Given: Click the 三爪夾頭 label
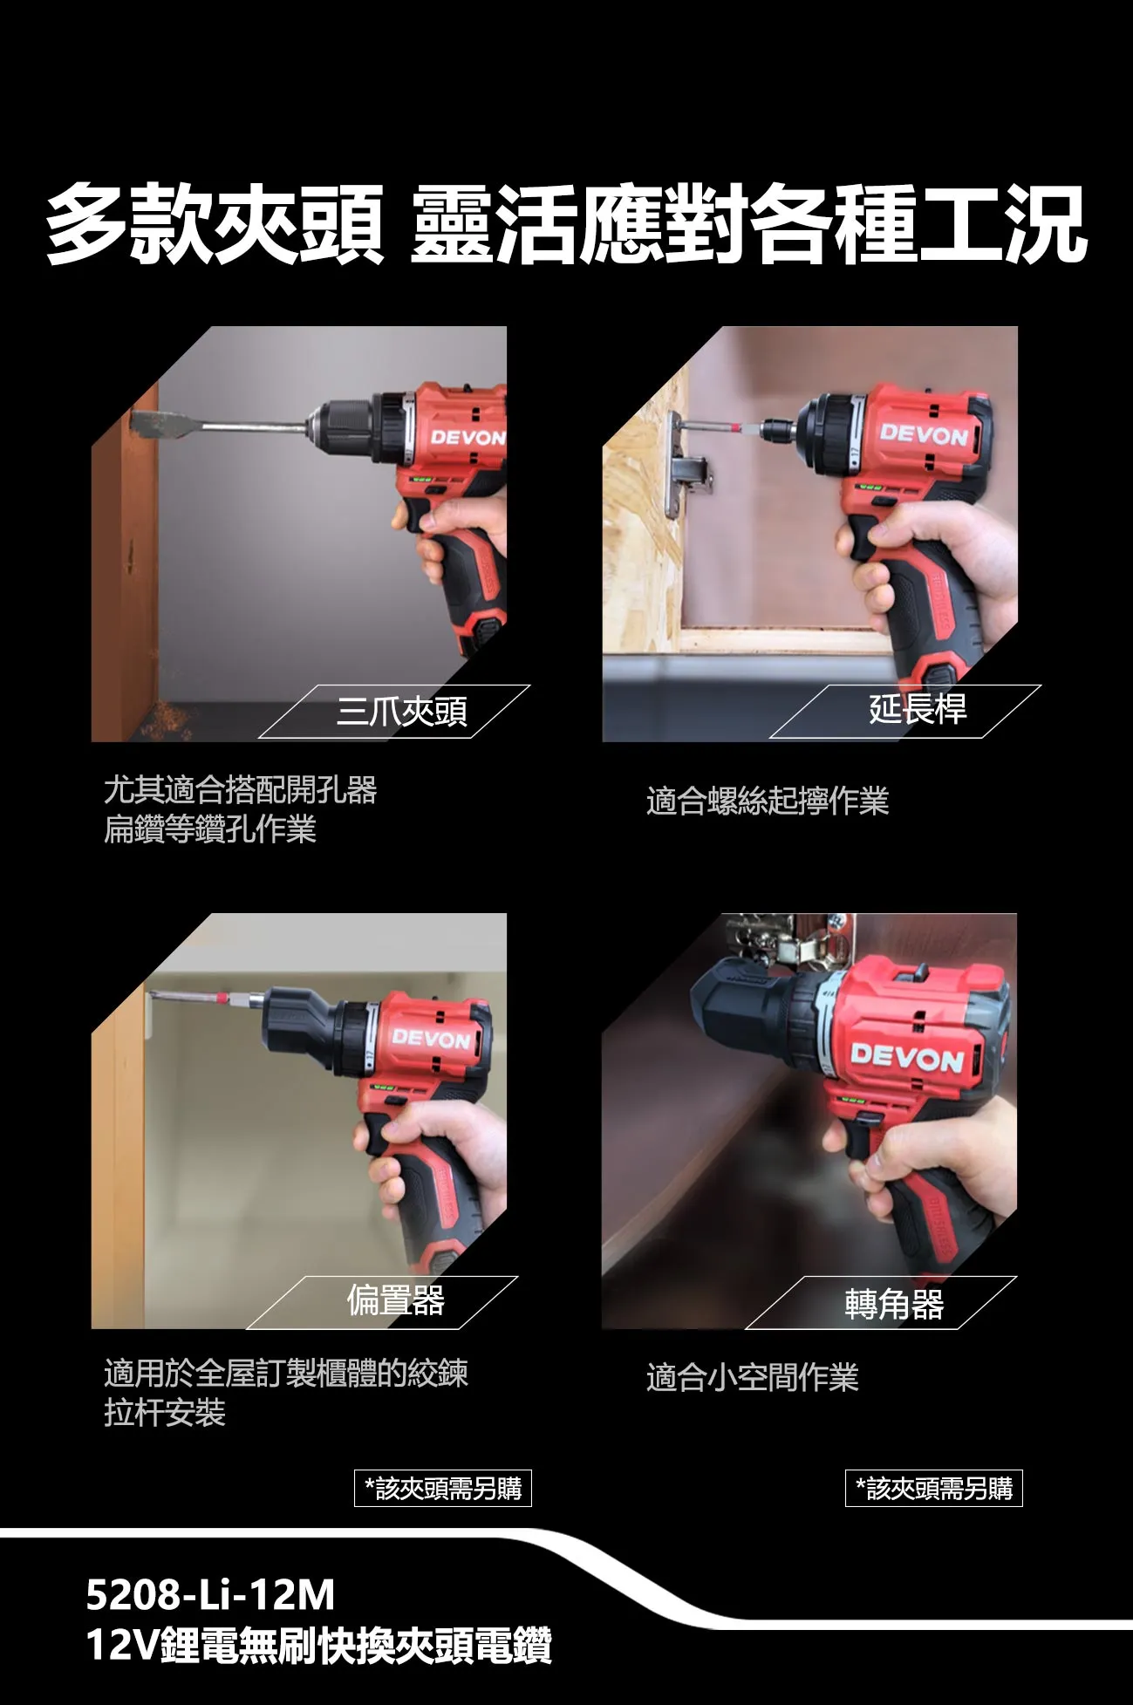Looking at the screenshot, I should coord(401,712).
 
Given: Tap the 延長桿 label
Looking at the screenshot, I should coord(917,708).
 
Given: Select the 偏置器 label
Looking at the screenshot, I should coord(395,1300).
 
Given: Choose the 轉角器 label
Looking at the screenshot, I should coord(893,1304).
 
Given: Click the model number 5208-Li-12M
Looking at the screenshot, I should coord(210,1594).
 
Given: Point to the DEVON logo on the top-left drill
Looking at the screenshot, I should coord(468,437).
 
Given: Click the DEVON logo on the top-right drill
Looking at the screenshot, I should coord(923,433).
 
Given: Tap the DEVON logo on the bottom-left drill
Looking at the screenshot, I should coord(431,1039).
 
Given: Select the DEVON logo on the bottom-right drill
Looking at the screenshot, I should coord(906,1058).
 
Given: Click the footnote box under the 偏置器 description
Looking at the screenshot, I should coord(442,1488).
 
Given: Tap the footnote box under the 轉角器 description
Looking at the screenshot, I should coord(933,1488).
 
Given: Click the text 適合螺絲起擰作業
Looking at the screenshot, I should coord(767,801).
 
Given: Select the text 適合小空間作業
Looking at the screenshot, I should coord(752,1377).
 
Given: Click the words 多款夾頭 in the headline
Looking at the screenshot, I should coord(214,224).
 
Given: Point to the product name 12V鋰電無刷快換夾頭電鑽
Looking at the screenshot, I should coord(318,1646).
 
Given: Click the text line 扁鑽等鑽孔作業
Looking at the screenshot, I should coord(209,829).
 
